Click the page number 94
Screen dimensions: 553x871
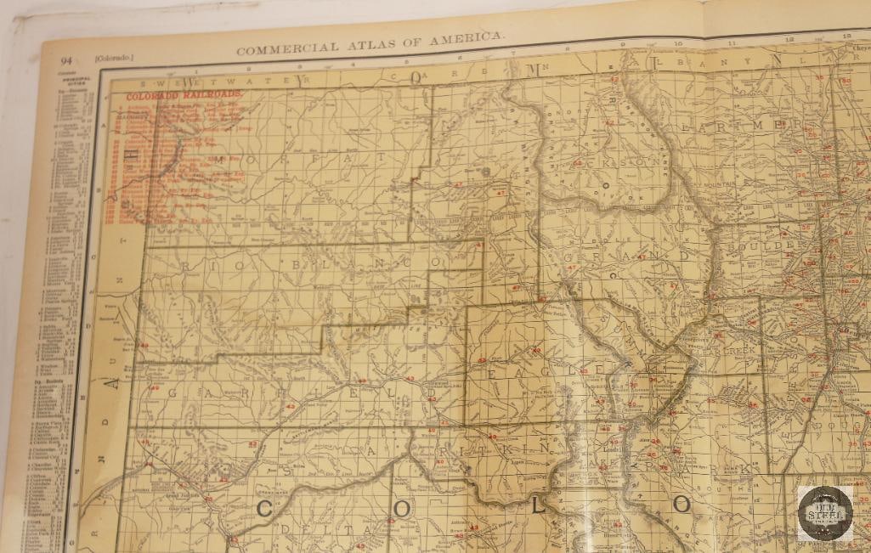coord(65,59)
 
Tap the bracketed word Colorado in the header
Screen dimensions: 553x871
coord(115,58)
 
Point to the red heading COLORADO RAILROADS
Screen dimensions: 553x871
coord(183,96)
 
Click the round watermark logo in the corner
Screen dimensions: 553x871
coord(824,513)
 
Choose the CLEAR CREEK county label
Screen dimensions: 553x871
coord(727,350)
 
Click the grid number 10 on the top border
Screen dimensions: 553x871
coord(677,42)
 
